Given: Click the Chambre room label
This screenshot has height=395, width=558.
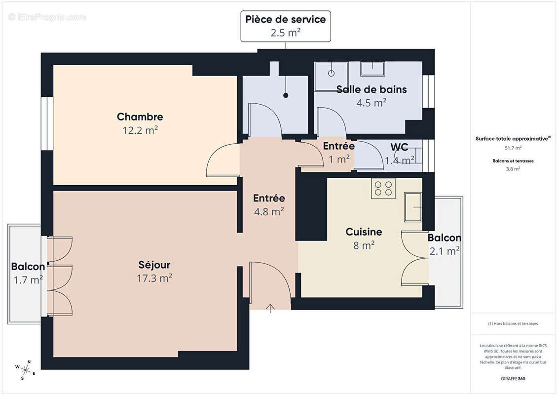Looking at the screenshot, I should pyautogui.click(x=140, y=117).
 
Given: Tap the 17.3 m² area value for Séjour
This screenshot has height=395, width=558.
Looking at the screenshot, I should pyautogui.click(x=154, y=278).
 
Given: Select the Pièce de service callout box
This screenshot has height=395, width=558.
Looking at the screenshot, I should pyautogui.click(x=285, y=26).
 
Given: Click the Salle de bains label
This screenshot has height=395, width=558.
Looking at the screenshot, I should pyautogui.click(x=371, y=89).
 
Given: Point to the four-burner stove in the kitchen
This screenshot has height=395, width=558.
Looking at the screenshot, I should pyautogui.click(x=383, y=188).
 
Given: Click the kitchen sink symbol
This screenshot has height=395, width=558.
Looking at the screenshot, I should pyautogui.click(x=413, y=207).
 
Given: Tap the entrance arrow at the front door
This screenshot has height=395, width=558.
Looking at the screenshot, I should pyautogui.click(x=270, y=309).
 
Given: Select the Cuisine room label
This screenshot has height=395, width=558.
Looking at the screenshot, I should pyautogui.click(x=364, y=232).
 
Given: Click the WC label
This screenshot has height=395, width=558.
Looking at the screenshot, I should pyautogui.click(x=399, y=147).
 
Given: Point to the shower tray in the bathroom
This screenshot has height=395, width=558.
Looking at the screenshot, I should pyautogui.click(x=331, y=76).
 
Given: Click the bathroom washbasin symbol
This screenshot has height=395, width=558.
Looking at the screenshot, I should pyautogui.click(x=372, y=69).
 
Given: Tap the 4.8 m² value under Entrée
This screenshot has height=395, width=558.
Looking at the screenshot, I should pyautogui.click(x=268, y=211).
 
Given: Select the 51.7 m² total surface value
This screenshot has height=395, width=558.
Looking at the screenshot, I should pyautogui.click(x=513, y=148).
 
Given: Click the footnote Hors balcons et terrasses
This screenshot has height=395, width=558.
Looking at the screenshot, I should pyautogui.click(x=513, y=323).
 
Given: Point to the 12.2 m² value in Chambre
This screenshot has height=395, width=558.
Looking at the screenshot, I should pyautogui.click(x=140, y=130).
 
